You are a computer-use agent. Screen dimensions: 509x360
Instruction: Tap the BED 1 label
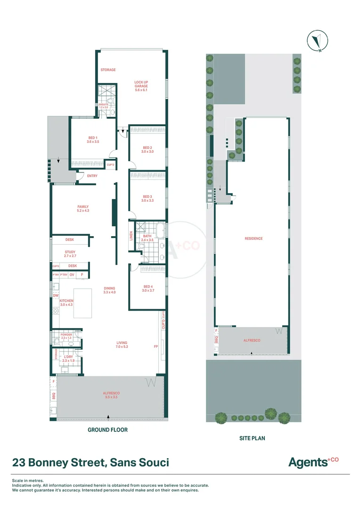pyautogui.click(x=93, y=138)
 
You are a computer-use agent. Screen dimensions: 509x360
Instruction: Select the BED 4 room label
pyautogui.click(x=147, y=287)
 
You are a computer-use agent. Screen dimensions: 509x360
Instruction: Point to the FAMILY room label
pyautogui.click(x=83, y=207)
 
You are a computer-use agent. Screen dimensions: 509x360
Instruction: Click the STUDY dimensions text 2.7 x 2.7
pyautogui.click(x=70, y=256)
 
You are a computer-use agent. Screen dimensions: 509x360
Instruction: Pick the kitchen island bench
pyautogui.click(x=82, y=302)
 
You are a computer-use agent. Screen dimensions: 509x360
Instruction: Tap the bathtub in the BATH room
pyautogui.click(x=162, y=231)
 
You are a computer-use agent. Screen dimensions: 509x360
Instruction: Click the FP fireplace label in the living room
pyautogui.click(x=156, y=346)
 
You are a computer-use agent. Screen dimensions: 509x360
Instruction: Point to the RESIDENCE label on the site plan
pyautogui.click(x=254, y=238)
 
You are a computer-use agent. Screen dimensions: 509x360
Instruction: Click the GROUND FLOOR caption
pyautogui.click(x=107, y=430)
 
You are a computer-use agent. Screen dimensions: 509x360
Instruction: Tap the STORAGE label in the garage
pyautogui.click(x=108, y=70)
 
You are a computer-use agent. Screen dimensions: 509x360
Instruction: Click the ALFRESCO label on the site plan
pyautogui.click(x=252, y=340)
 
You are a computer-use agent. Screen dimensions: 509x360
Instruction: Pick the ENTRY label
pyautogui.click(x=92, y=176)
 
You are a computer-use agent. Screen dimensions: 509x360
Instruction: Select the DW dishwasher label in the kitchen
pyautogui.click(x=56, y=296)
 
